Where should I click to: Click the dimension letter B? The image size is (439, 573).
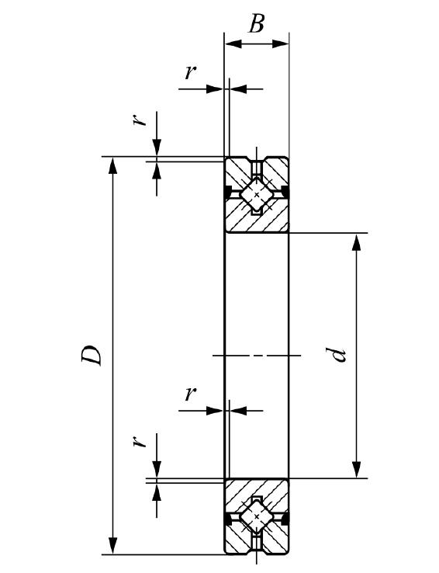256,23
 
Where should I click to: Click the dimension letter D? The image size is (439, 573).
92,355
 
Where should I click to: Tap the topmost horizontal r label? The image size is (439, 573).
190,72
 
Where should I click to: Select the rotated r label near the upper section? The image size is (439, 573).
139,120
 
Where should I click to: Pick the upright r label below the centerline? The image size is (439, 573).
190,394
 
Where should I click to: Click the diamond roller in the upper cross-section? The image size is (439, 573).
257,194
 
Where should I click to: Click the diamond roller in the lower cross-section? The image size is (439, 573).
257,516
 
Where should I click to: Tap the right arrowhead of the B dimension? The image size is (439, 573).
280,43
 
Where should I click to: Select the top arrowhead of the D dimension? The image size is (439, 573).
113,165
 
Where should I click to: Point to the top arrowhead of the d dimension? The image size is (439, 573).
356,242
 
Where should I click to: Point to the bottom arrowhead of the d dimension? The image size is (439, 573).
356,469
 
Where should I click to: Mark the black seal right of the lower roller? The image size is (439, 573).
285,519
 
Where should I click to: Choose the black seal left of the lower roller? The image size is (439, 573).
228,519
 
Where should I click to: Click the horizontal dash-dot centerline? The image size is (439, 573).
257,355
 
